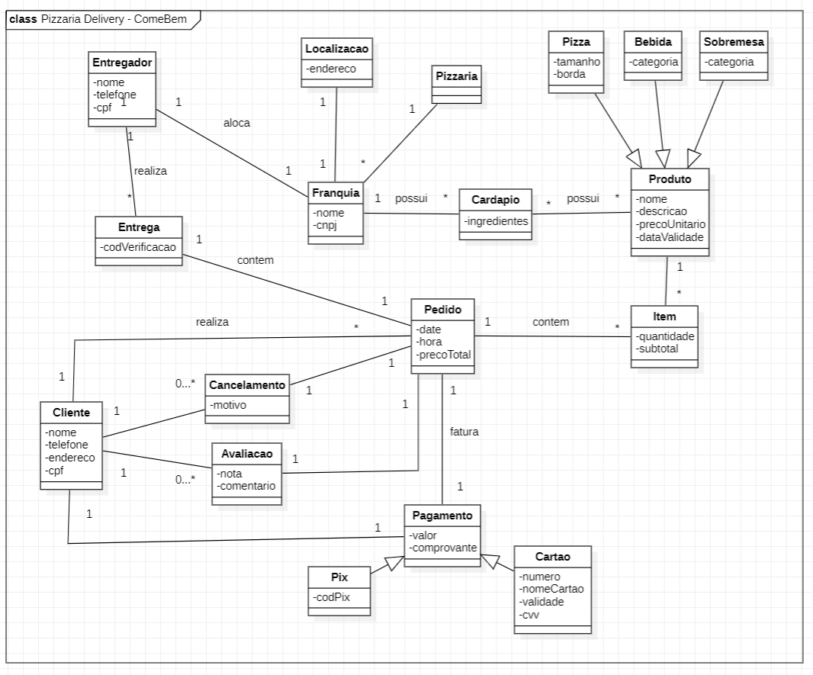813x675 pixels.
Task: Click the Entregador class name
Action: pos(123,62)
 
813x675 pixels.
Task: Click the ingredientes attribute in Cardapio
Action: pos(496,220)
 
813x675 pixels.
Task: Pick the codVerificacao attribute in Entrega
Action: pos(139,248)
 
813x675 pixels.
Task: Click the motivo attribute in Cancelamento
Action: pos(229,405)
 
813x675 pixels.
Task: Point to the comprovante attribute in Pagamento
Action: pos(443,548)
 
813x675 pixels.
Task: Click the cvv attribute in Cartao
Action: pos(529,613)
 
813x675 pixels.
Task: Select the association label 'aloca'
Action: pos(236,122)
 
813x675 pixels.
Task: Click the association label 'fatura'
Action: pos(464,431)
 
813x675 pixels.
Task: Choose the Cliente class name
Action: pos(71,413)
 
